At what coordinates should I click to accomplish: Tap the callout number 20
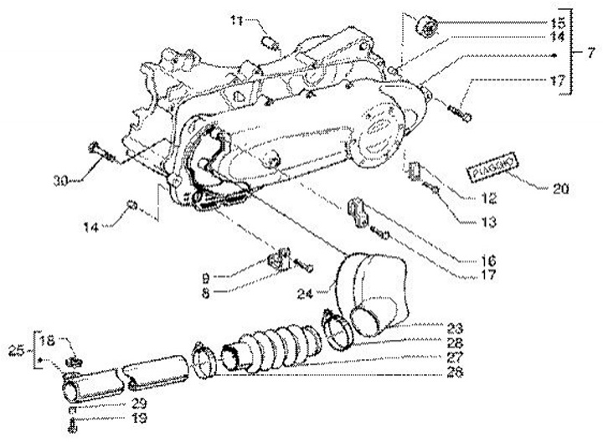tap(559, 189)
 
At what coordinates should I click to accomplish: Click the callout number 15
tap(558, 23)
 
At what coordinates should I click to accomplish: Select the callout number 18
tap(47, 342)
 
